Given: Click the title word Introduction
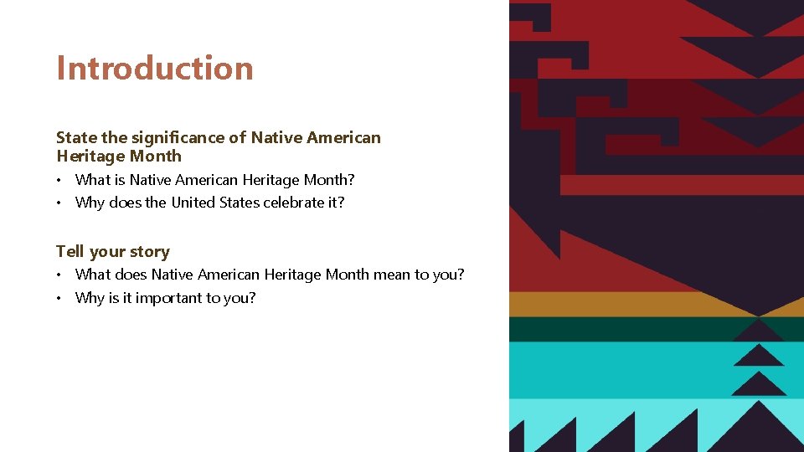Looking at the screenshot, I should coord(154,69).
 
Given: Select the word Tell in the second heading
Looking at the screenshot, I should coord(70,251).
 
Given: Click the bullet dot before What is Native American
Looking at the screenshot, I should coord(60,180).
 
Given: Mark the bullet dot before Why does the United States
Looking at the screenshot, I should coord(60,203).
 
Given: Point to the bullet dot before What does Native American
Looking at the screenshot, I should coord(60,275).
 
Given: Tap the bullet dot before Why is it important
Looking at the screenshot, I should coord(60,298).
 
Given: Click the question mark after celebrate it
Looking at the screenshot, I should coord(341,202).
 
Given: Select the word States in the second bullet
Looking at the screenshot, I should coord(241,202).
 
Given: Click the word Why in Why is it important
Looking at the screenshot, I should coord(90,297).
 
